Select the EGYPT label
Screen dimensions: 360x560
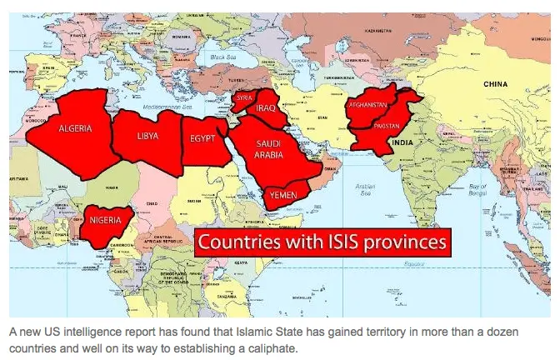click(203, 138)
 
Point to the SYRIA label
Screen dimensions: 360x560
click(244, 97)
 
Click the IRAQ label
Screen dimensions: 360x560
click(267, 108)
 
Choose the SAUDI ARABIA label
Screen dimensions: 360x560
click(274, 148)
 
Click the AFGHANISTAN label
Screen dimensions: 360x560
click(368, 105)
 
